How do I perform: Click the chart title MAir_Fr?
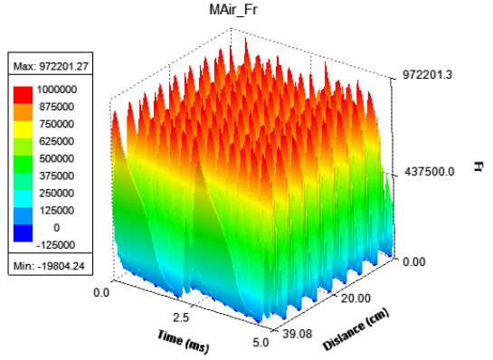coord(233,10)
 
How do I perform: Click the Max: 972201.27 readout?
coord(51,66)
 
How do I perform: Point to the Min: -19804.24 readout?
coord(49,266)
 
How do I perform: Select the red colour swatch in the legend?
coord(23,95)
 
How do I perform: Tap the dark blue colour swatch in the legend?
coord(23,233)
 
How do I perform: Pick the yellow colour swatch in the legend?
coord(23,129)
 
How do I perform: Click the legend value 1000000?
coord(57,90)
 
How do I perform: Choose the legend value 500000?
coord(57,158)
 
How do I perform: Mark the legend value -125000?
coord(56,244)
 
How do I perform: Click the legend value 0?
coord(57,227)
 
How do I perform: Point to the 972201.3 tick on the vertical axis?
coord(427,74)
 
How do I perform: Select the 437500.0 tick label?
coord(429,172)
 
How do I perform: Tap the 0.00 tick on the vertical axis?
coord(414,261)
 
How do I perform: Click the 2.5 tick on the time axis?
coord(181,317)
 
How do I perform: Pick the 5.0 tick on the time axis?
coord(261,342)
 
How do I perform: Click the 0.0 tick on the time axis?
coord(101,293)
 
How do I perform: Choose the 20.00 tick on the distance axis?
coord(356,298)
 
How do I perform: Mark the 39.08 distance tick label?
coord(297,334)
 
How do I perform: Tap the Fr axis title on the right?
coord(478,166)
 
